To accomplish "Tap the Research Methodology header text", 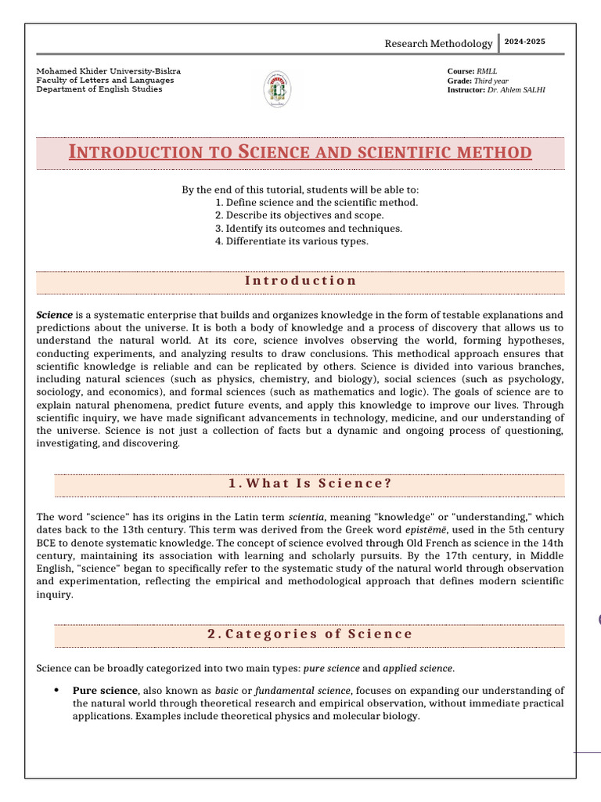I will click(x=438, y=44).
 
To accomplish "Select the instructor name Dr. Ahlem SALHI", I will click(x=516, y=90).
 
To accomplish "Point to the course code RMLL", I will click(x=487, y=71).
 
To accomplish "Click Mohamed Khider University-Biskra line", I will click(x=108, y=71).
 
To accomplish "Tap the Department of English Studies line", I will click(x=99, y=89).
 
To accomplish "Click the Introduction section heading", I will click(x=300, y=280).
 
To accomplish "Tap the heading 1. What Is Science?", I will click(x=310, y=483).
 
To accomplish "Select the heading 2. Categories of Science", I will click(x=310, y=634).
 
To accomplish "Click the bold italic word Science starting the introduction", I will click(x=55, y=315).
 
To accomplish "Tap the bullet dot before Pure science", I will click(x=57, y=690).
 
